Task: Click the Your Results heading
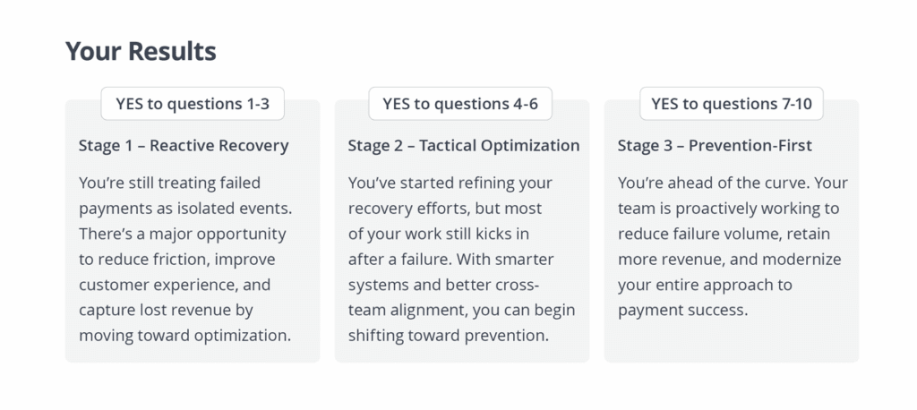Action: [141, 51]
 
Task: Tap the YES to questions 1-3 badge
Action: [193, 104]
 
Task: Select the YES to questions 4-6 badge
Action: [460, 104]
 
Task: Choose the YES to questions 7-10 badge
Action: [731, 104]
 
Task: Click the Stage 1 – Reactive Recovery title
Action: [184, 146]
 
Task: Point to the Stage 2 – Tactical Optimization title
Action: [464, 146]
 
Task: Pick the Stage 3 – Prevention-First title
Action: [715, 146]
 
